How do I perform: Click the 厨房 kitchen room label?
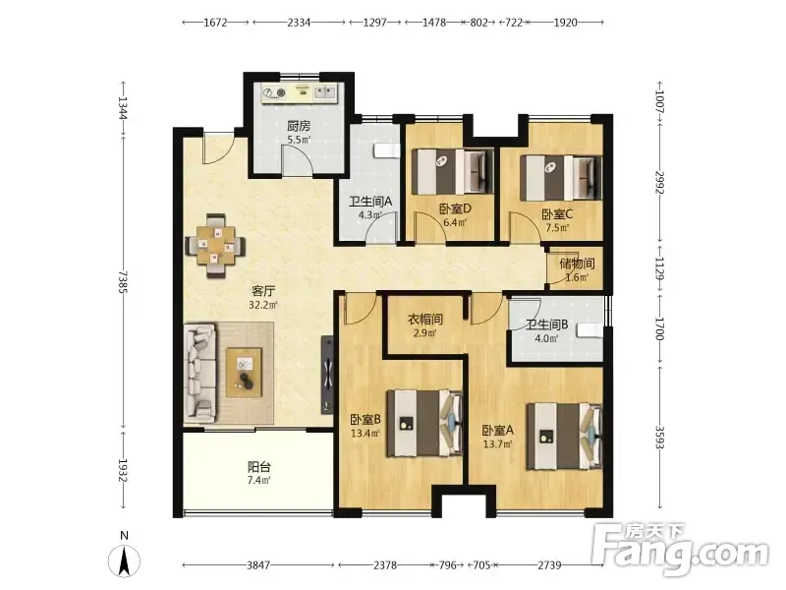(299, 126)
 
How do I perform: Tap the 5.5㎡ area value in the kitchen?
(299, 140)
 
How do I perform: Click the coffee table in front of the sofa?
(244, 373)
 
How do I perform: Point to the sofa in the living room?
(200, 373)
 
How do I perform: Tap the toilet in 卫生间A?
(387, 150)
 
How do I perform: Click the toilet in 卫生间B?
(590, 331)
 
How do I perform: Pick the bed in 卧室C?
(561, 178)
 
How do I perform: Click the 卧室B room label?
(365, 419)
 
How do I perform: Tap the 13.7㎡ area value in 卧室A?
(497, 444)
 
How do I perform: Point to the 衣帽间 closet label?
(425, 319)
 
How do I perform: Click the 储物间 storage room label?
(577, 264)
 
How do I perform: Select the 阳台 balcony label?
(259, 467)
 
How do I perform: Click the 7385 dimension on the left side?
(123, 282)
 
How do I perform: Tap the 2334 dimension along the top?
(299, 22)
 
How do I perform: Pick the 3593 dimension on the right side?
(659, 438)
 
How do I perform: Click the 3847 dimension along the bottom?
(258, 565)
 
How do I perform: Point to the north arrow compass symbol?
(125, 556)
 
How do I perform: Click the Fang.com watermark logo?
(680, 550)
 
